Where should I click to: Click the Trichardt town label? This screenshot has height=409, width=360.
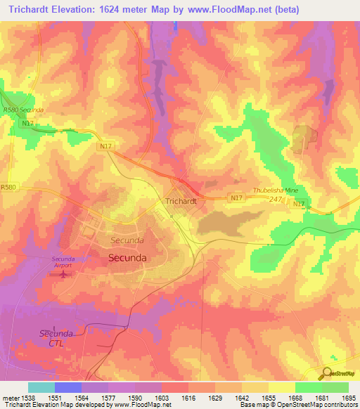(x=181, y=201)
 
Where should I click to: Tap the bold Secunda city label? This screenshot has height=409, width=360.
(x=128, y=258)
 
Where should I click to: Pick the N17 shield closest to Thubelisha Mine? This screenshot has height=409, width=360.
(x=300, y=204)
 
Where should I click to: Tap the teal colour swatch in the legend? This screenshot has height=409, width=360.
(x=41, y=387)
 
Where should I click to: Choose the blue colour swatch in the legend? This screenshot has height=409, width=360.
(x=68, y=387)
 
